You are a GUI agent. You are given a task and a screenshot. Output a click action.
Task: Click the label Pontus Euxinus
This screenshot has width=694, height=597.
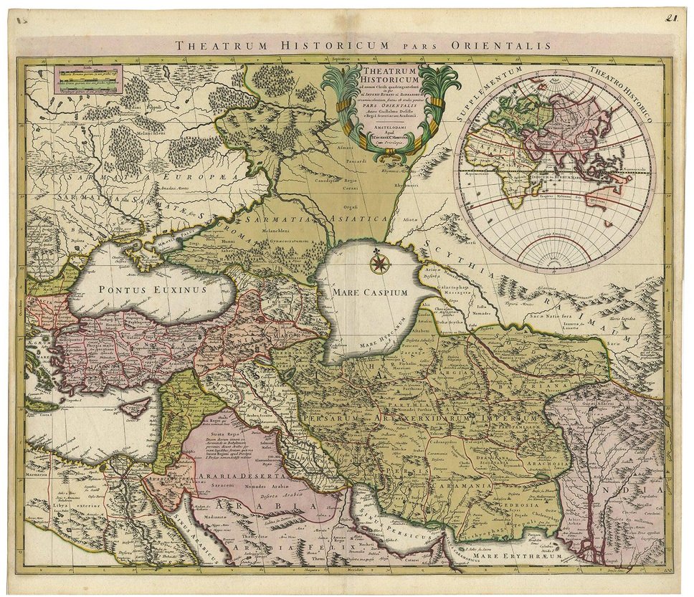coord(153,290)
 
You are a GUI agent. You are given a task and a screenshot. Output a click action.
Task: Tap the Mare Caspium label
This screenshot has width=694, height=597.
coord(369,292)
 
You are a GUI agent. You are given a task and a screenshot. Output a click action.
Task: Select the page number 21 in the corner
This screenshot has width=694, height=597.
coord(671,19)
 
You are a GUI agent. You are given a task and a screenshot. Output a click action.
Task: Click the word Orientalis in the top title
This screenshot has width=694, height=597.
coord(502,46)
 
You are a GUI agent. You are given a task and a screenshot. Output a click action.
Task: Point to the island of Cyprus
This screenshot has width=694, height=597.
coord(136,406)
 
